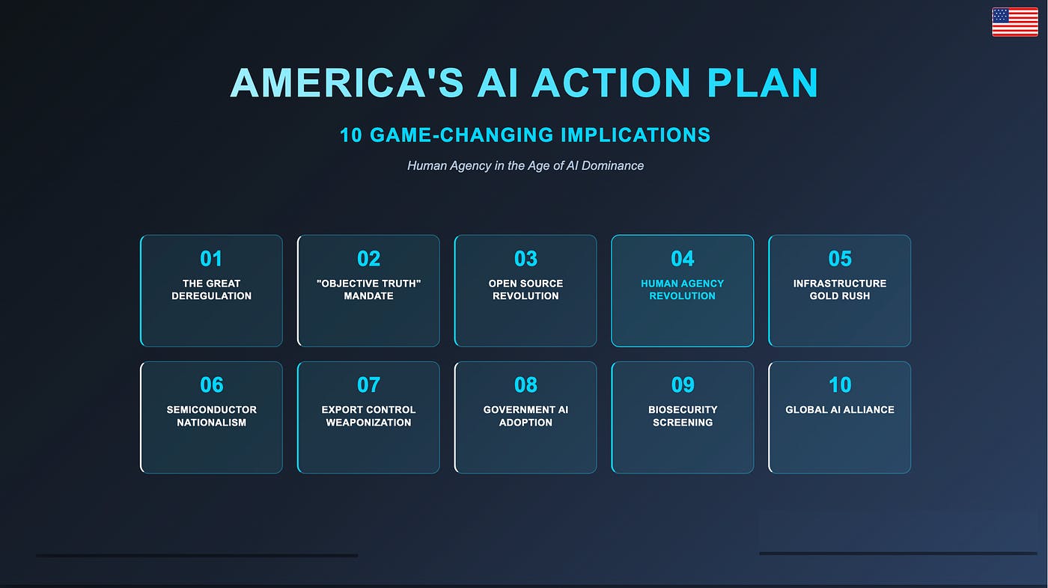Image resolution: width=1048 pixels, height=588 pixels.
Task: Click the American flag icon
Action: coord(1014,22)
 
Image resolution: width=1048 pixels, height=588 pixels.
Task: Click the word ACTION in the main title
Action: coord(611,82)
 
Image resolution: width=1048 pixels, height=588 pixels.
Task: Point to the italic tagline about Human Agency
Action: coord(525,165)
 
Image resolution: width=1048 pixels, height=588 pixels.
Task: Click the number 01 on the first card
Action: coord(211,259)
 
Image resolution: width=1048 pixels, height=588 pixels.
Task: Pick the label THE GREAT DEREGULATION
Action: coord(211,290)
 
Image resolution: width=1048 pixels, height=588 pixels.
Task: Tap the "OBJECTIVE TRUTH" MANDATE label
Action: coord(368,290)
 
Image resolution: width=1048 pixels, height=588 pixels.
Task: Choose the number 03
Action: coord(525,259)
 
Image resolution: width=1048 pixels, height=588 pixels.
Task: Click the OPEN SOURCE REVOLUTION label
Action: coord(525,290)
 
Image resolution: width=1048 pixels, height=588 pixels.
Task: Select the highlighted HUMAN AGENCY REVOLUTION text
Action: coord(682,290)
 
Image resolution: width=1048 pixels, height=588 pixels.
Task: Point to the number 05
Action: coord(840,259)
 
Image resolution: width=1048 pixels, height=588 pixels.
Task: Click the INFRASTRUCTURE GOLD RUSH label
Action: coord(840,290)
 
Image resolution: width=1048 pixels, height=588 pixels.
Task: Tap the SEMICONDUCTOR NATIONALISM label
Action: coord(211,416)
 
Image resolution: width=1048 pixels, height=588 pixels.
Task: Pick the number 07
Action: coord(368,385)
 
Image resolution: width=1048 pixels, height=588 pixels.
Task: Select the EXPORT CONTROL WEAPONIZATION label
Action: coord(368,416)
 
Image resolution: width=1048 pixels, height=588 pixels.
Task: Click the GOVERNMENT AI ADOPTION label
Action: coord(525,416)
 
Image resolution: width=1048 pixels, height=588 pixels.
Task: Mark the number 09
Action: coord(683,385)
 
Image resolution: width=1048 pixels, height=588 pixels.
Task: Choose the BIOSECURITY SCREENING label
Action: coord(683,416)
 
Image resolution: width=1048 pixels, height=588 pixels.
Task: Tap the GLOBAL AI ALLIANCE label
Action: coord(840,410)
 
